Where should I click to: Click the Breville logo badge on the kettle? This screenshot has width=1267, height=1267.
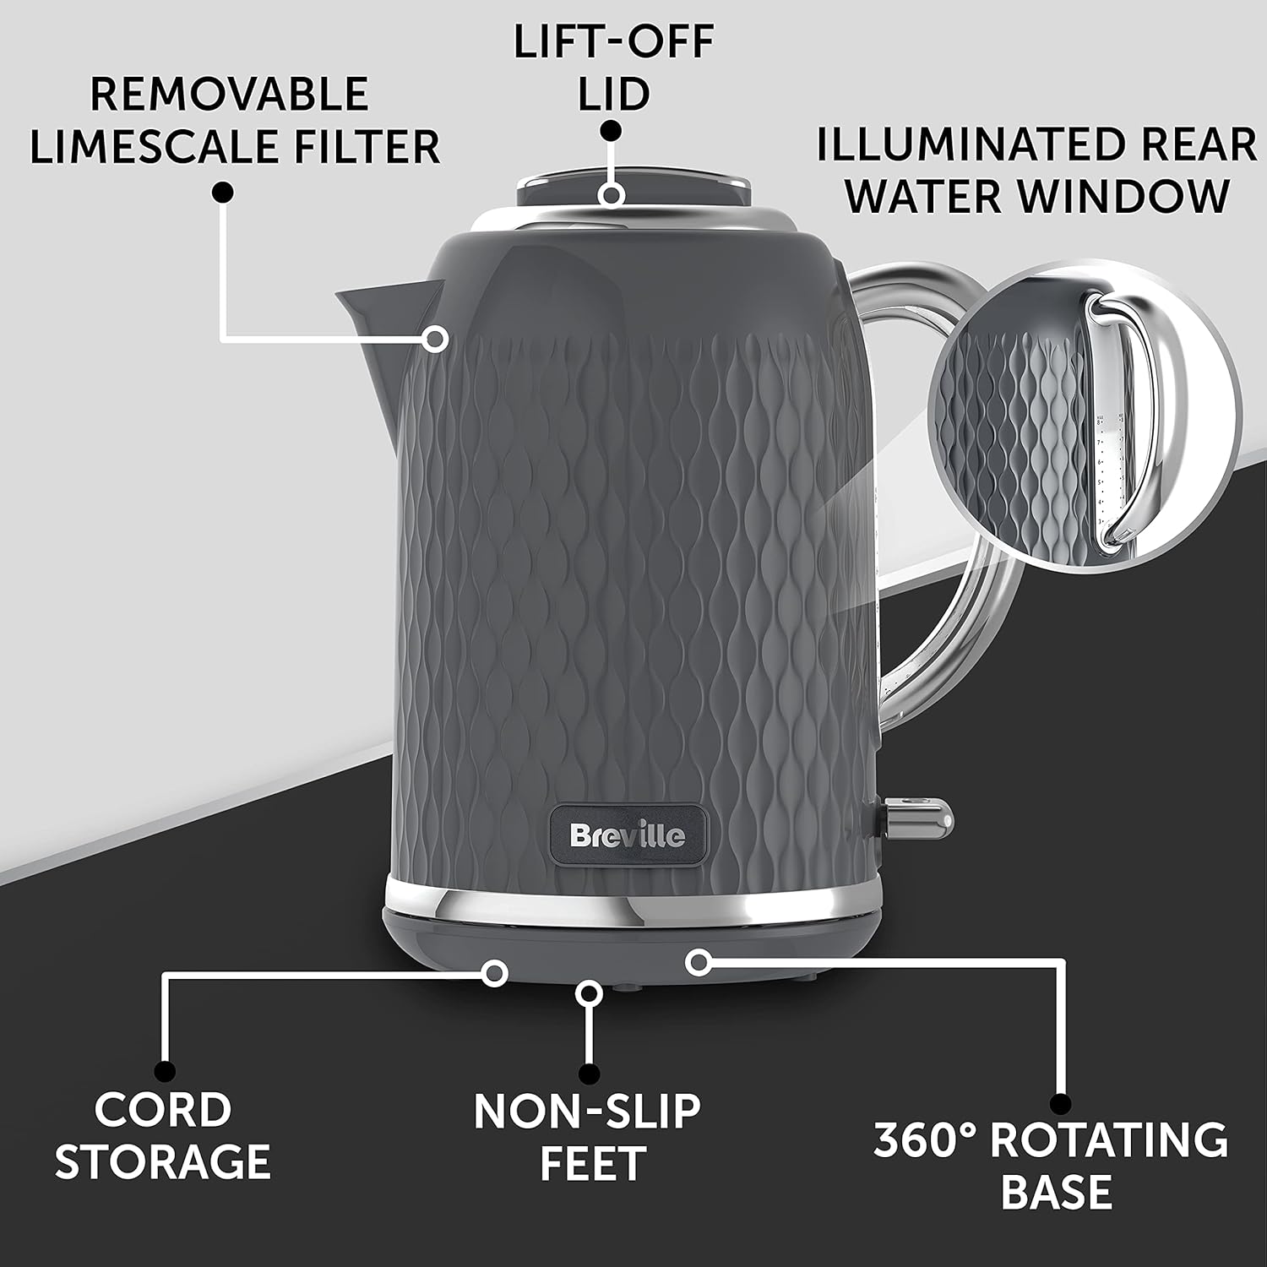point(628,836)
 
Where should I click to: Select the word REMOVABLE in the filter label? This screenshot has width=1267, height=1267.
point(229,94)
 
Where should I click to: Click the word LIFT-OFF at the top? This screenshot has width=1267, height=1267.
point(614,43)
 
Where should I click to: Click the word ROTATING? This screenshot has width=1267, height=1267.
point(1109,1141)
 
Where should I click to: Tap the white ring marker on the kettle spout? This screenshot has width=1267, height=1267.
point(436,340)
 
